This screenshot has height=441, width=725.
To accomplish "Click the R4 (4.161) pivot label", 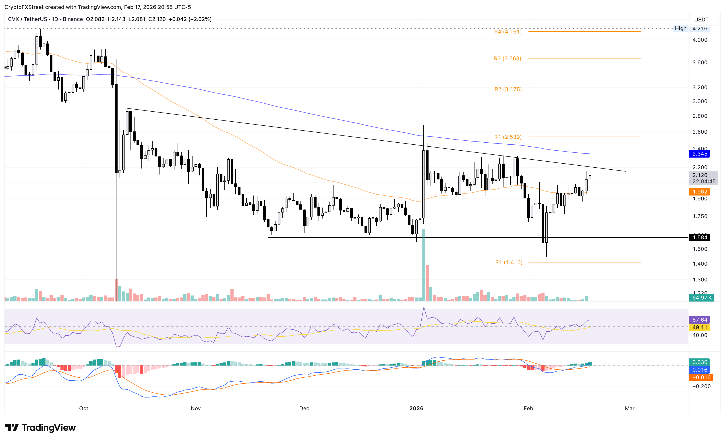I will pos(508,31).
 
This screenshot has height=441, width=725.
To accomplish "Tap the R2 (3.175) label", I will pos(508,89).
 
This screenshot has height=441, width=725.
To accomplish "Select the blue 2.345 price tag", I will pos(699,154).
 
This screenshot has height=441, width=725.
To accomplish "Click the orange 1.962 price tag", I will pos(699,192).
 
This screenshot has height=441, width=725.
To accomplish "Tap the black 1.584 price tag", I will pos(699,237).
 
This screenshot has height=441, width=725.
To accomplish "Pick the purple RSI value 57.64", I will pos(699,320).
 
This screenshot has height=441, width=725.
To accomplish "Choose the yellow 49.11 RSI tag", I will pos(699,327).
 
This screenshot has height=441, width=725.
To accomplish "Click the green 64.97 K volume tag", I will pos(701,298).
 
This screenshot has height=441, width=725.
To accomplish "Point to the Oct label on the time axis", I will pos(84,408).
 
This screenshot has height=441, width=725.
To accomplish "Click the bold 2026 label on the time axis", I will pos(416,408).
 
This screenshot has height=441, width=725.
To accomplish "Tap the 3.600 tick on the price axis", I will pos(700,62).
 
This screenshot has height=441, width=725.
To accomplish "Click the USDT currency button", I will pos(701,19).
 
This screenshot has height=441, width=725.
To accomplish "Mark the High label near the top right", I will pos(680,28).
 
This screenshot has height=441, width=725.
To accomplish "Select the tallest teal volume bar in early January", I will pos(423,265).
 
